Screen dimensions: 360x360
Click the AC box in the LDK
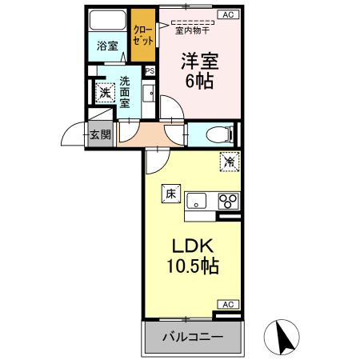(228, 304)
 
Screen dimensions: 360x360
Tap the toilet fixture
(216, 134)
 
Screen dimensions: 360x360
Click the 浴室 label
(106, 46)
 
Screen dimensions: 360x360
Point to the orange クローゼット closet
(145, 32)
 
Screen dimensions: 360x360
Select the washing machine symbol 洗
(103, 91)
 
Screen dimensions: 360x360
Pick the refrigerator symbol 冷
(229, 162)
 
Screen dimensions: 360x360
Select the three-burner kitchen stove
(227, 200)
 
